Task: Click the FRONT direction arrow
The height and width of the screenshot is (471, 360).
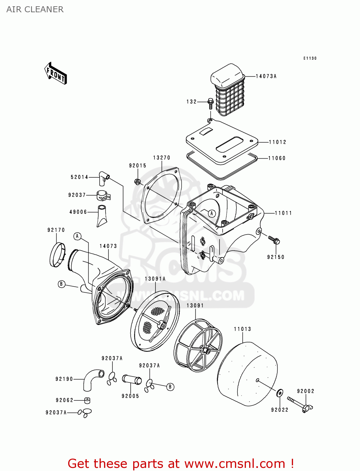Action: pos(56,73)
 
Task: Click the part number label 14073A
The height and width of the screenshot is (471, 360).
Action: pos(266,76)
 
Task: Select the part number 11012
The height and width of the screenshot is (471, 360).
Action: pos(277,142)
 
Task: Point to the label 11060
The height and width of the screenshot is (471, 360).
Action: pos(277,158)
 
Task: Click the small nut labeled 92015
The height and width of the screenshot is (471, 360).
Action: pos(137,181)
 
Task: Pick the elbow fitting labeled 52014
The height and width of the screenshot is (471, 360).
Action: pos(103,178)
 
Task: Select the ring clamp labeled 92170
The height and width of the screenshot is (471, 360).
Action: pos(57,255)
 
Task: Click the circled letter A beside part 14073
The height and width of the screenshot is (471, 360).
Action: pos(77,236)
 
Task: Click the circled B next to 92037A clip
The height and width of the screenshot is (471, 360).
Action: pos(170,387)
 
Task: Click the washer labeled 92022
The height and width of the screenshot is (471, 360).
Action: pos(279,393)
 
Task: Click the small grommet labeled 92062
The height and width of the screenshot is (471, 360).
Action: pos(87,400)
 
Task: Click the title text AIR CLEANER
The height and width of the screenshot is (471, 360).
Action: pos(35,9)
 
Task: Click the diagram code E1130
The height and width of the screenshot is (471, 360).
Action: pos(310,58)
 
